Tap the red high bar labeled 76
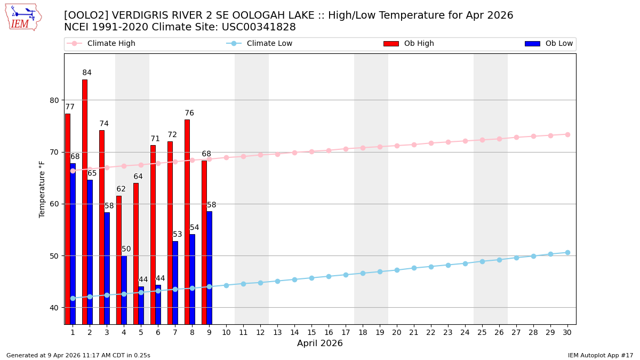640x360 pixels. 187,221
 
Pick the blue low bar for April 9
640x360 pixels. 209,267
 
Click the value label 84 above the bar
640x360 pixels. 87,73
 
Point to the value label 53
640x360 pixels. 178,235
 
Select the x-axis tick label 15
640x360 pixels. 311,332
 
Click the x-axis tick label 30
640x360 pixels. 567,332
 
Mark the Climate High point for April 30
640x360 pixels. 567,134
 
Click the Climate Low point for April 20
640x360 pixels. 397,270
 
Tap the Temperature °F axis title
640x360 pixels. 42,189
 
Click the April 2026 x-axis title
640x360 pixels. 320,344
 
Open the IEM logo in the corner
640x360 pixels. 23,17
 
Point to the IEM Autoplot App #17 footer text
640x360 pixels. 601,355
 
